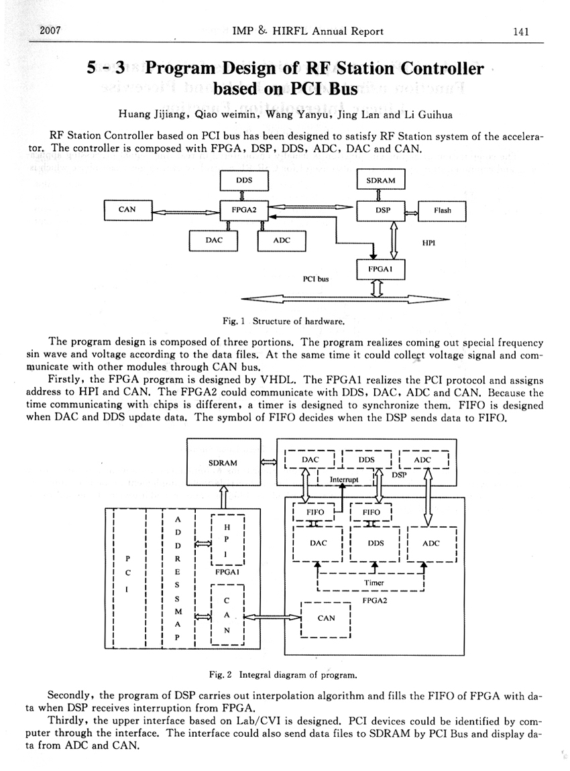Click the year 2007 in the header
[x=52, y=31]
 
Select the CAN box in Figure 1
[x=127, y=210]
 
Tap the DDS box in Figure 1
[x=244, y=180]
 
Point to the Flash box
[x=442, y=211]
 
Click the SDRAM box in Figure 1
[x=381, y=180]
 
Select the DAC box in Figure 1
[x=215, y=239]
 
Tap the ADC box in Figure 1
[x=282, y=240]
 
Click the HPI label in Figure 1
[x=429, y=243]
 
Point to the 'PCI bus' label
[x=316, y=278]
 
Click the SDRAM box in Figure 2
[x=223, y=463]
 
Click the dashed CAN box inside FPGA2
[x=327, y=618]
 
